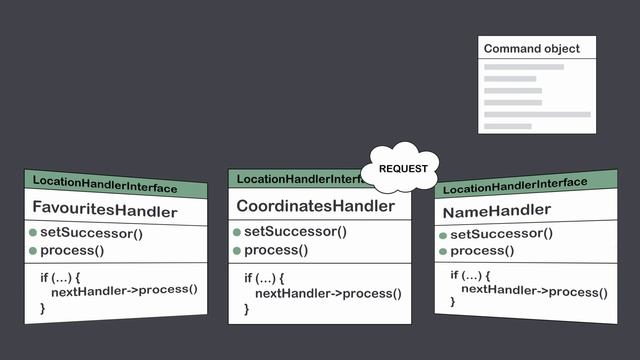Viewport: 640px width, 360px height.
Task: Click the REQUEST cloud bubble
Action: click(x=402, y=169)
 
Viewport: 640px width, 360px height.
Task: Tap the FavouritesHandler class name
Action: click(x=105, y=211)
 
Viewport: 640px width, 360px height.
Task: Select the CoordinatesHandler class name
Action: click(x=315, y=206)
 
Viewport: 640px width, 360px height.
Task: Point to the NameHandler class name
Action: click(x=496, y=211)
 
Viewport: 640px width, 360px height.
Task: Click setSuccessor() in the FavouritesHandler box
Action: click(x=91, y=234)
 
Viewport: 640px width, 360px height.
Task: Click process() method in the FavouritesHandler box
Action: click(x=74, y=250)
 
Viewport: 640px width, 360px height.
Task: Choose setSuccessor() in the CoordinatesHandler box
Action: click(x=295, y=231)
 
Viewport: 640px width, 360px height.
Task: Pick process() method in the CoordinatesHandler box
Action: click(x=278, y=250)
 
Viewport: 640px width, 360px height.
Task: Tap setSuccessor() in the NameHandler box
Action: click(x=501, y=234)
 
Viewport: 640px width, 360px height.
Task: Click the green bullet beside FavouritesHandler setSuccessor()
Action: click(x=32, y=234)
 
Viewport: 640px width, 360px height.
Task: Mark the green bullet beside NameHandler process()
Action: click(x=442, y=250)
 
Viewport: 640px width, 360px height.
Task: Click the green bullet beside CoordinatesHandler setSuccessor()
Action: click(x=237, y=231)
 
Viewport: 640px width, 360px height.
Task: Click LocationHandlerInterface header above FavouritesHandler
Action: click(x=105, y=186)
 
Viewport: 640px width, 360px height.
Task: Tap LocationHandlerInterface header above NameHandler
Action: click(x=515, y=185)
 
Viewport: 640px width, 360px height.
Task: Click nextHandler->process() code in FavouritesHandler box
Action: click(x=124, y=290)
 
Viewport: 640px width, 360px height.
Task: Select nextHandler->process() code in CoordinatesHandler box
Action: click(x=328, y=293)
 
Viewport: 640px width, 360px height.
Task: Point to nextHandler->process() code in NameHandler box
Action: click(x=533, y=292)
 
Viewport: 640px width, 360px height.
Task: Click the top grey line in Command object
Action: click(x=524, y=67)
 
